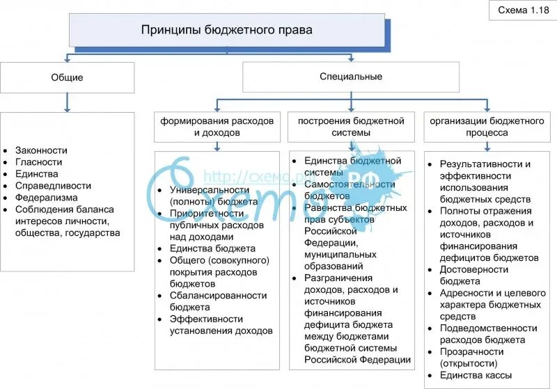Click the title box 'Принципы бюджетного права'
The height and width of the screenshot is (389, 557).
[x=227, y=31]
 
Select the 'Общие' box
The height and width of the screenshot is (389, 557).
[x=68, y=77]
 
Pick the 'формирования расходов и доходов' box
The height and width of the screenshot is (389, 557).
[x=217, y=126]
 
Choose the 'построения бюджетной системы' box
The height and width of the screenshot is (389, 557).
[x=351, y=126]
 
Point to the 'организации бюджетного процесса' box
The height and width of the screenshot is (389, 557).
[x=487, y=126]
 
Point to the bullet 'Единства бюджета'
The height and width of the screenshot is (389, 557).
[x=212, y=248]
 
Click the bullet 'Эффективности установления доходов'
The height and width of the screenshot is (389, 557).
[x=220, y=324]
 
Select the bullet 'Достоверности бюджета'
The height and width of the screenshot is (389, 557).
[x=470, y=275]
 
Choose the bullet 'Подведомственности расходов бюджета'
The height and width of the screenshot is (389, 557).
[x=490, y=334]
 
